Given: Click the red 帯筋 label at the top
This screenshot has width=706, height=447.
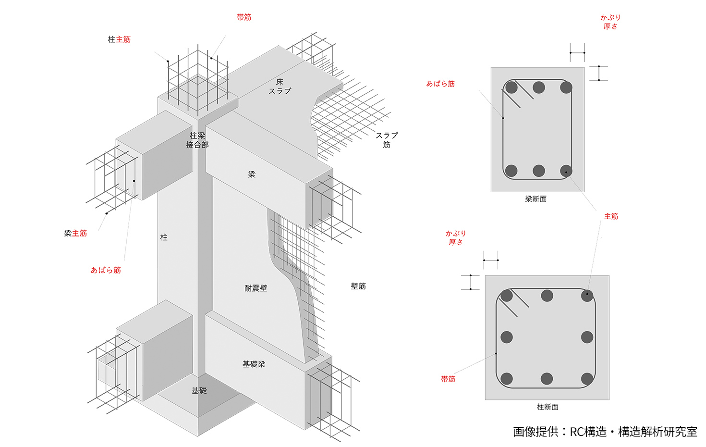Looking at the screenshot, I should click(243, 17).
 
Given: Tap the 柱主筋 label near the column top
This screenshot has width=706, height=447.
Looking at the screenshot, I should click(119, 39).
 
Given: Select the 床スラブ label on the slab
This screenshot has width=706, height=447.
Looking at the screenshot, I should click(280, 87).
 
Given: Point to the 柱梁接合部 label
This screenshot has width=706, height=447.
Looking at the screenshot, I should click(197, 140).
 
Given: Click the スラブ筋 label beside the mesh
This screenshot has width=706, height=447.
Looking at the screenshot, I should click(387, 140).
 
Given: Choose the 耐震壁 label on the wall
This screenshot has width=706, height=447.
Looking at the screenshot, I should click(256, 288).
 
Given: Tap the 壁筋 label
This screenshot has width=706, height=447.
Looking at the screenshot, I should click(358, 286).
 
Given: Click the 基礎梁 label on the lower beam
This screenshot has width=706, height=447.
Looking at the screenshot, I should click(254, 364).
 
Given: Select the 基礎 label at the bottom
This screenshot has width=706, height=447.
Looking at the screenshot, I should click(199, 391).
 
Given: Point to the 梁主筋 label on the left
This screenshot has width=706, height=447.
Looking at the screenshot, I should click(75, 233).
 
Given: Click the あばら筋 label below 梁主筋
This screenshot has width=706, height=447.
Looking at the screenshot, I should click(106, 270).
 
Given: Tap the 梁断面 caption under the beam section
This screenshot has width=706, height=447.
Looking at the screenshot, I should click(536, 199).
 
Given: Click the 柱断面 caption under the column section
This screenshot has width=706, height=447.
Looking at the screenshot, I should click(548, 407).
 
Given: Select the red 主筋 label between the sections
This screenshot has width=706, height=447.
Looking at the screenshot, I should click(611, 216).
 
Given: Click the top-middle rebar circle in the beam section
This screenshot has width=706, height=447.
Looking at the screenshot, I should click(538, 87).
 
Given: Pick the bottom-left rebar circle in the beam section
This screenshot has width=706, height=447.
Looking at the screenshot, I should click(511, 171).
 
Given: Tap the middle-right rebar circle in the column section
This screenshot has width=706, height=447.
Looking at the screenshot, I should click(587, 337).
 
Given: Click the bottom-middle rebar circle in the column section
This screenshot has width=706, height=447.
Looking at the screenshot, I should click(547, 379).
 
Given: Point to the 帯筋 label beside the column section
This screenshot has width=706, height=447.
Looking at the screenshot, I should click(448, 379).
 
